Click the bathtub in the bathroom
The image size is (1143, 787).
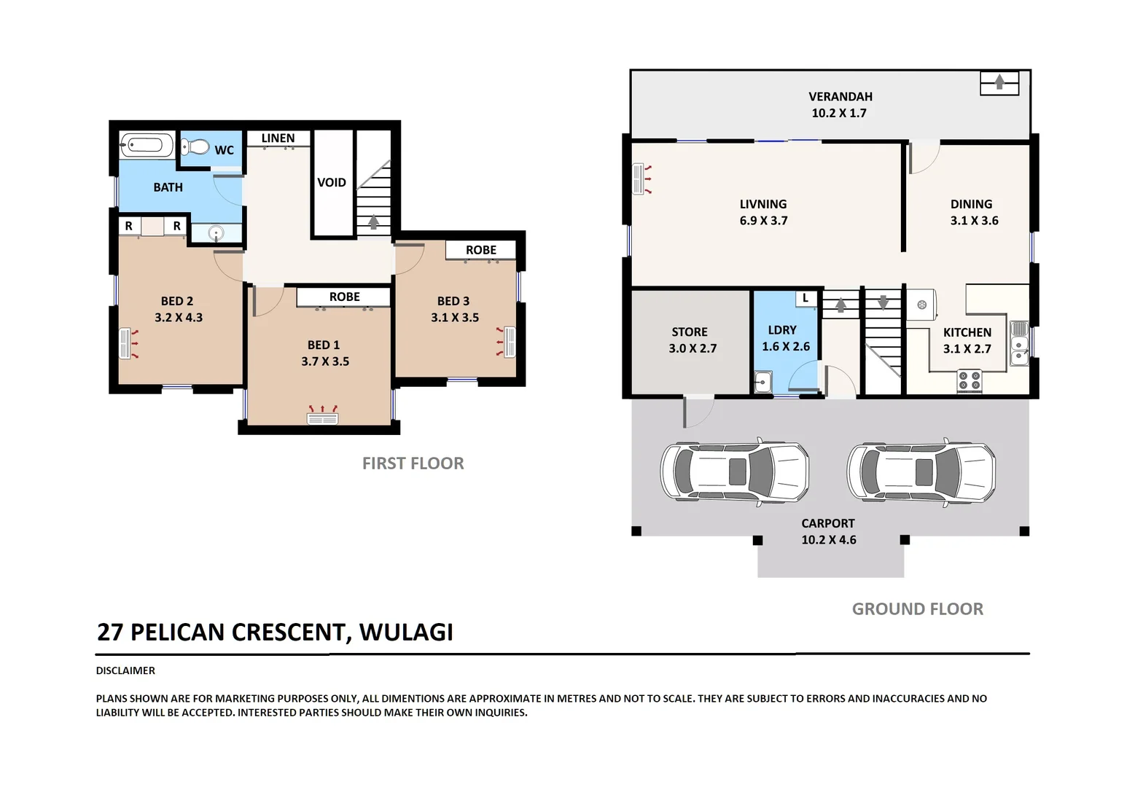tap(147, 145)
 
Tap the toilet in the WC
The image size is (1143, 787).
tap(195, 147)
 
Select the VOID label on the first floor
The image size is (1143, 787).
tap(332, 182)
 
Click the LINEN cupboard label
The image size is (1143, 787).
tap(278, 138)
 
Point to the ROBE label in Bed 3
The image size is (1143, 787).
tap(481, 250)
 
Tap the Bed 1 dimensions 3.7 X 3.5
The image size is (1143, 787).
tap(325, 361)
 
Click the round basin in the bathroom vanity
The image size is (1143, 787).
tap(216, 234)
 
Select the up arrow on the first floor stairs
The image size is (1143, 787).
tap(373, 222)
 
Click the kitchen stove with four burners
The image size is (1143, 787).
tap(969, 380)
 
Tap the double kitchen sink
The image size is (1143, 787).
tap(1020, 343)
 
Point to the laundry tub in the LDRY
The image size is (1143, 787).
tap(763, 382)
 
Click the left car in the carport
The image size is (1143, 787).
tap(735, 471)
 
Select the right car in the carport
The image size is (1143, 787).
tap(921, 471)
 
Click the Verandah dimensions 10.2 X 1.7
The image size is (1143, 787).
tap(840, 113)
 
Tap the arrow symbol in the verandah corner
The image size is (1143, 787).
tap(999, 83)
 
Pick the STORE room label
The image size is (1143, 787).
tap(690, 332)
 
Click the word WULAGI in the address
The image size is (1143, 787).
tap(406, 632)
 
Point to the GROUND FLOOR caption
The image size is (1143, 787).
tap(918, 609)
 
